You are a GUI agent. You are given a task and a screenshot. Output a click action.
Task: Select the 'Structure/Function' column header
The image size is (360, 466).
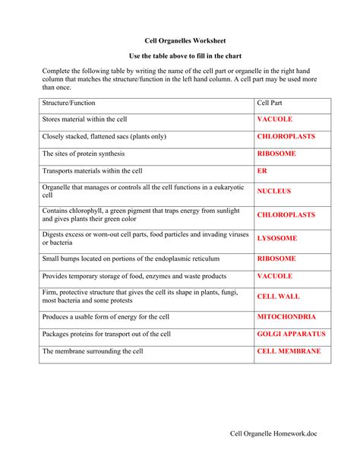click(69, 103)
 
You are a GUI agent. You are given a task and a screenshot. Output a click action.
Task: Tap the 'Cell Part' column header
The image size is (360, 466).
click(272, 103)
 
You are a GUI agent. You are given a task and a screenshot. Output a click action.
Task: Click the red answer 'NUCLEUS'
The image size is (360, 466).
click(274, 192)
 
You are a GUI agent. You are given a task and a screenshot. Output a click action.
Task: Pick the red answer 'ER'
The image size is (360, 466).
click(263, 171)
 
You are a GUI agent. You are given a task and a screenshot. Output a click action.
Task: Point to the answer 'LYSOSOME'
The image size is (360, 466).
click(277, 238)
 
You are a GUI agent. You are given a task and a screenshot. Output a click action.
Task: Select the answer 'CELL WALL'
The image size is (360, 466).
click(279, 296)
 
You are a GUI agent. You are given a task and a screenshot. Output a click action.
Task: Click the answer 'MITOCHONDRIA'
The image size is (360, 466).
click(286, 316)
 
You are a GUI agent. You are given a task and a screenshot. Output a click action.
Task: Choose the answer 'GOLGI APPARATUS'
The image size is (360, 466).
click(291, 334)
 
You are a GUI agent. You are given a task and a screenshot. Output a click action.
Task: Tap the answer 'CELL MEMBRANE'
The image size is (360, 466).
click(289, 351)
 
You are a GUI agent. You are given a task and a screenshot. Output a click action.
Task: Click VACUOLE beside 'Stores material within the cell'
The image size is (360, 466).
click(275, 119)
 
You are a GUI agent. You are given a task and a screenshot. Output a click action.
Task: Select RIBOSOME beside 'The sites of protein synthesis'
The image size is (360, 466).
click(277, 154)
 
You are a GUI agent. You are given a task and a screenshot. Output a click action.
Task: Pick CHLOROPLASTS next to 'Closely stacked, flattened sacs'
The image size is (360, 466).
click(286, 137)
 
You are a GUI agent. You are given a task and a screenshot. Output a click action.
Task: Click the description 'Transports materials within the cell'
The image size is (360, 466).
click(92, 171)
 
